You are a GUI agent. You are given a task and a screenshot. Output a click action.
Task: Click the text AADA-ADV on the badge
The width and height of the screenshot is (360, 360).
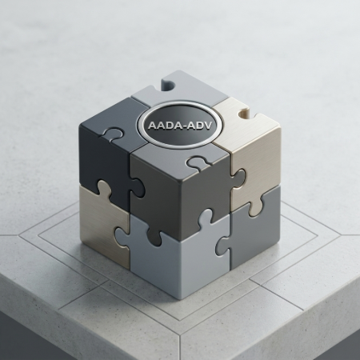pyautogui.click(x=178, y=125)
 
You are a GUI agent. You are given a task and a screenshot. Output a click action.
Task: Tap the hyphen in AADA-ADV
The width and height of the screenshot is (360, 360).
pyautogui.click(x=182, y=126)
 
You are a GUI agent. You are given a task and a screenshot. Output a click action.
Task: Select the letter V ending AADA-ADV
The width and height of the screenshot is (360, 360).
pyautogui.click(x=205, y=126)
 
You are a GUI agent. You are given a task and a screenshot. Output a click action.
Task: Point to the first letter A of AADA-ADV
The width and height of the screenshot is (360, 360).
pyautogui.click(x=152, y=125)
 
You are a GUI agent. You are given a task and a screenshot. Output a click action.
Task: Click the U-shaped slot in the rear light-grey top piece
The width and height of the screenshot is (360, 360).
pyautogui.click(x=167, y=85)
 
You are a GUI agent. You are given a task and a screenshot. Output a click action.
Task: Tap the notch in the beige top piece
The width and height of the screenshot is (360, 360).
pyautogui.click(x=244, y=114)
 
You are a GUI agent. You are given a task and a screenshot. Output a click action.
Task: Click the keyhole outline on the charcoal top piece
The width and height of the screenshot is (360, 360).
pyautogui.click(x=114, y=132)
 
